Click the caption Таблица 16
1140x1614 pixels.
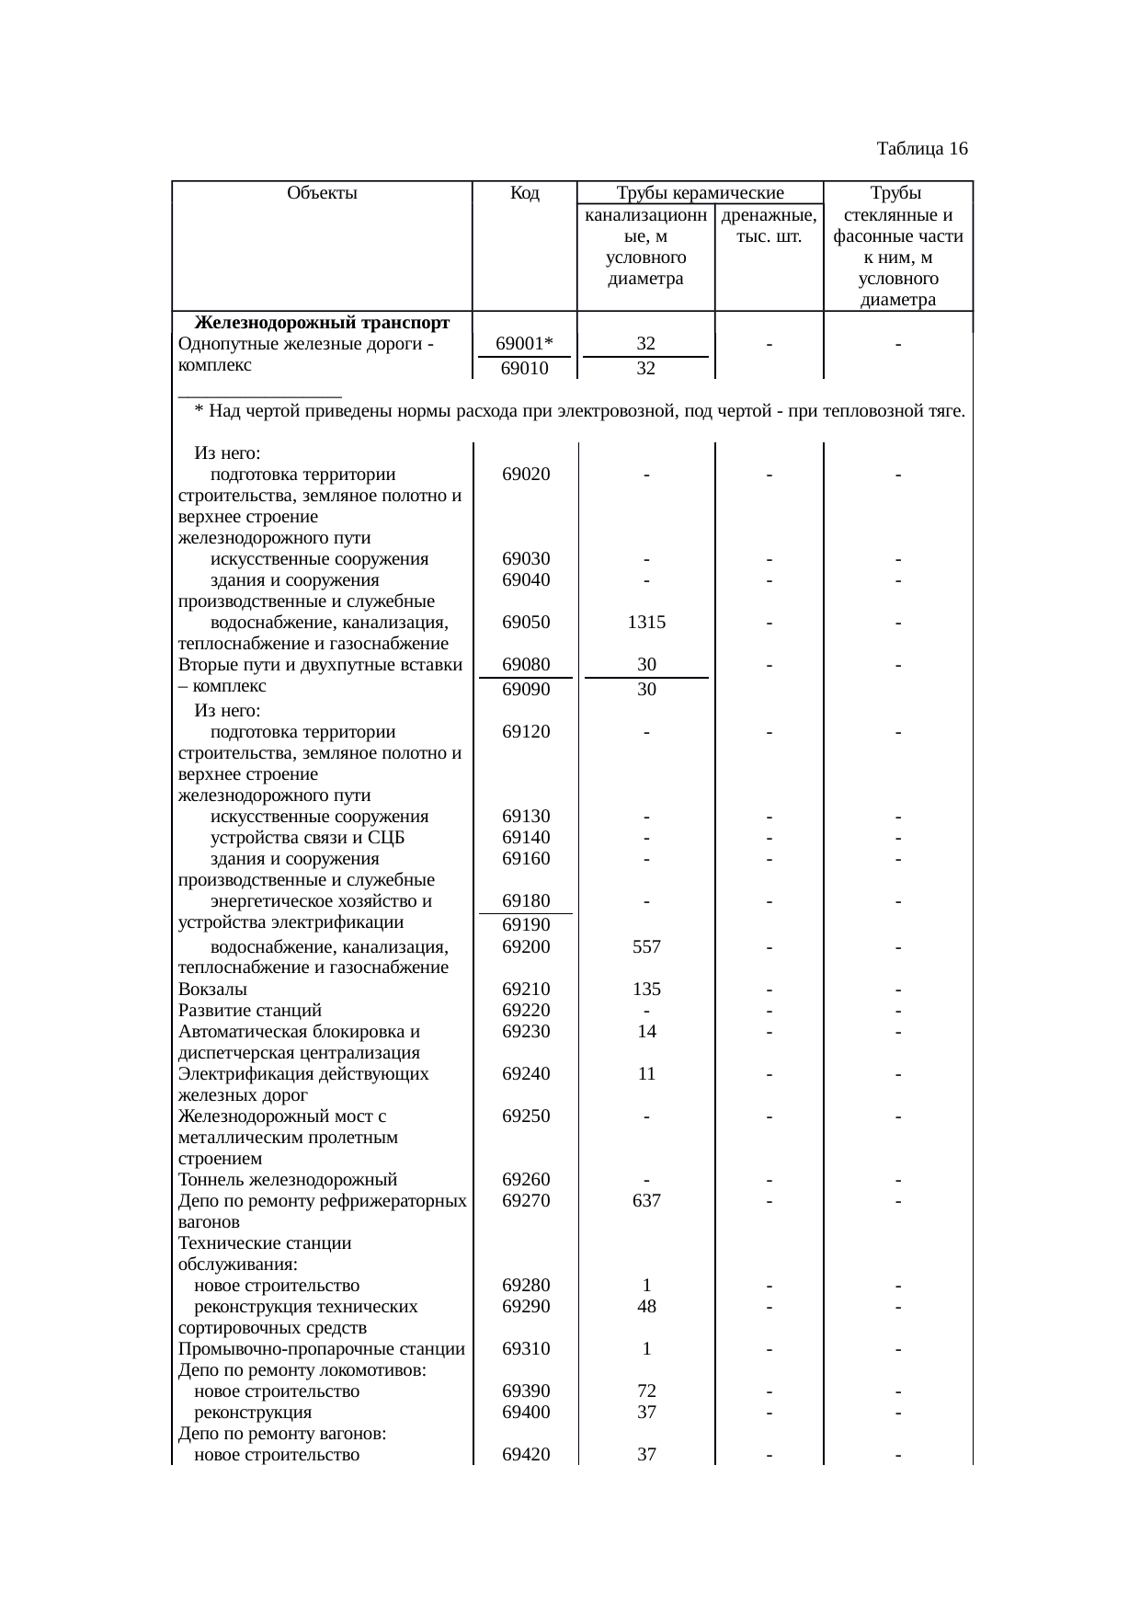click(x=921, y=148)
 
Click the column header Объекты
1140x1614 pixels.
click(x=322, y=193)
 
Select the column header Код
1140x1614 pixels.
click(x=524, y=193)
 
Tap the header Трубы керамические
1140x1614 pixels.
click(x=700, y=193)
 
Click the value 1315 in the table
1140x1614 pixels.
click(x=646, y=623)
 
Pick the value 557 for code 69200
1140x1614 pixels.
click(x=646, y=947)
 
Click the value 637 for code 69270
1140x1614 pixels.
click(x=646, y=1201)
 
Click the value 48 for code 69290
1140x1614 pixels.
click(x=646, y=1307)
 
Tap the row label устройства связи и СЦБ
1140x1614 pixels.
click(x=308, y=838)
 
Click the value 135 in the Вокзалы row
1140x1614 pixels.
click(x=646, y=990)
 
